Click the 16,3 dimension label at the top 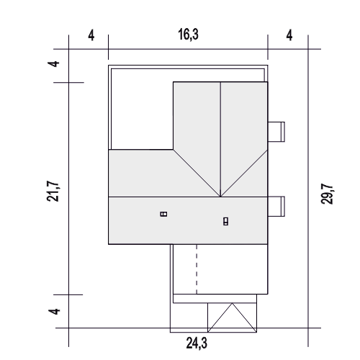tap(189, 35)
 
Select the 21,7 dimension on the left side tap(53, 191)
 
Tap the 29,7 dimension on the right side tap(327, 194)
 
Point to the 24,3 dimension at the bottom tap(197, 343)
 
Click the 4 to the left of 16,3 tap(91, 36)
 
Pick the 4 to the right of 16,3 tap(289, 36)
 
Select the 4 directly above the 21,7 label tap(54, 64)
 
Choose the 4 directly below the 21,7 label tap(54, 311)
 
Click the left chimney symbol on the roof tap(163, 214)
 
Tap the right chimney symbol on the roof tap(225, 221)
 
